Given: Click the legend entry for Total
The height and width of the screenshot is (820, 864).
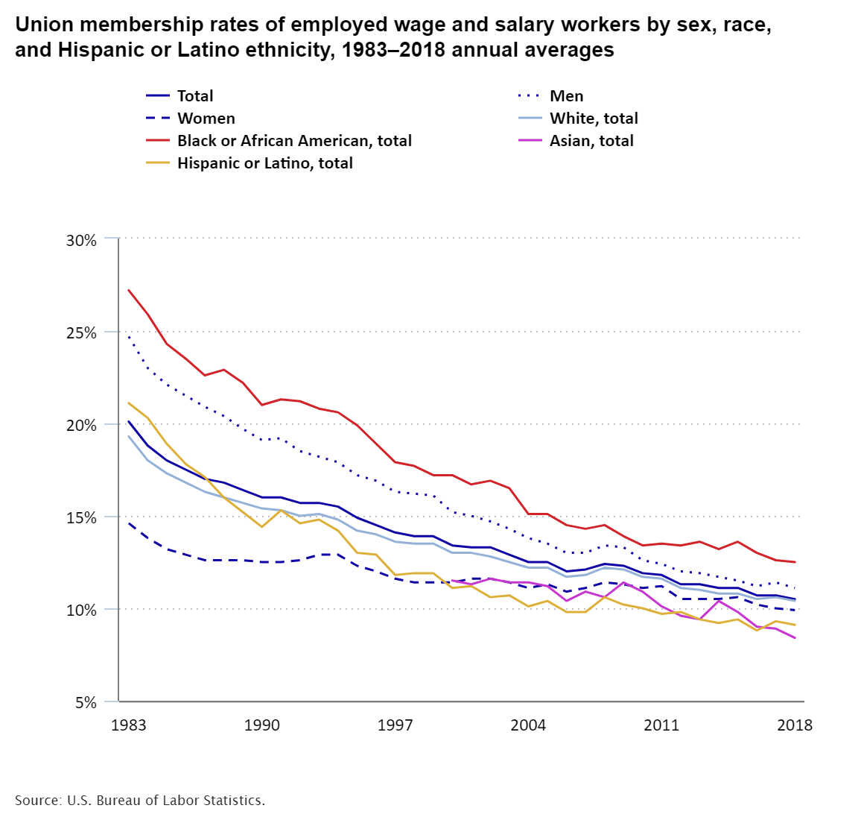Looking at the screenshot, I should click(x=194, y=96).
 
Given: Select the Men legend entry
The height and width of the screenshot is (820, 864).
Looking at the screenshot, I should click(x=566, y=96).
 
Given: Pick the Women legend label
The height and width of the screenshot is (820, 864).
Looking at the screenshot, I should click(x=206, y=119).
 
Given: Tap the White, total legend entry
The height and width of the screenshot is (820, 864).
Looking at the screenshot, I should click(x=594, y=119).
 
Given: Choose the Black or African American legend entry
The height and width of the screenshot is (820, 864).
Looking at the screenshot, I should click(x=293, y=141).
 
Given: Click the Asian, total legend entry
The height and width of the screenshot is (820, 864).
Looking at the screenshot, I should click(x=591, y=141).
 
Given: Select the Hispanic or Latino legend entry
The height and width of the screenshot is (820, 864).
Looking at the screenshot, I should click(x=264, y=163).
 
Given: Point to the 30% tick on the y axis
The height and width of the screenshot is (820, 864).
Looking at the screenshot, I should click(x=82, y=240).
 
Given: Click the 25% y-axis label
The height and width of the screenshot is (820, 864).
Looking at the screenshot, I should click(x=82, y=332).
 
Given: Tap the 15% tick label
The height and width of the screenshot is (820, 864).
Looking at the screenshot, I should click(x=82, y=517).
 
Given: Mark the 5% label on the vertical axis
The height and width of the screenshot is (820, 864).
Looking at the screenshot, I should click(x=86, y=702).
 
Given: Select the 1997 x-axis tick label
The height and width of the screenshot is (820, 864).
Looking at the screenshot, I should click(x=395, y=725).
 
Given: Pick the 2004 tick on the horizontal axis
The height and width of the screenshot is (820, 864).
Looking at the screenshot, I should click(x=528, y=725).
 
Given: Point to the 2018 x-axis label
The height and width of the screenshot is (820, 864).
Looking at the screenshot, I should click(x=795, y=725).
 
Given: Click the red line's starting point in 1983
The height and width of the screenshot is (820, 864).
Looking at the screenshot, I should click(x=129, y=290).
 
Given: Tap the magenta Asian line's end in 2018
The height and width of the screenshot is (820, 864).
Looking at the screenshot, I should click(x=795, y=638).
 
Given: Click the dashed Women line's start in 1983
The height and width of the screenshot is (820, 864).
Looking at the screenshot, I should click(x=129, y=523).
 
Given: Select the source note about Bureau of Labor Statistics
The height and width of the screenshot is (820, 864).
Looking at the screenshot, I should click(x=140, y=801).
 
